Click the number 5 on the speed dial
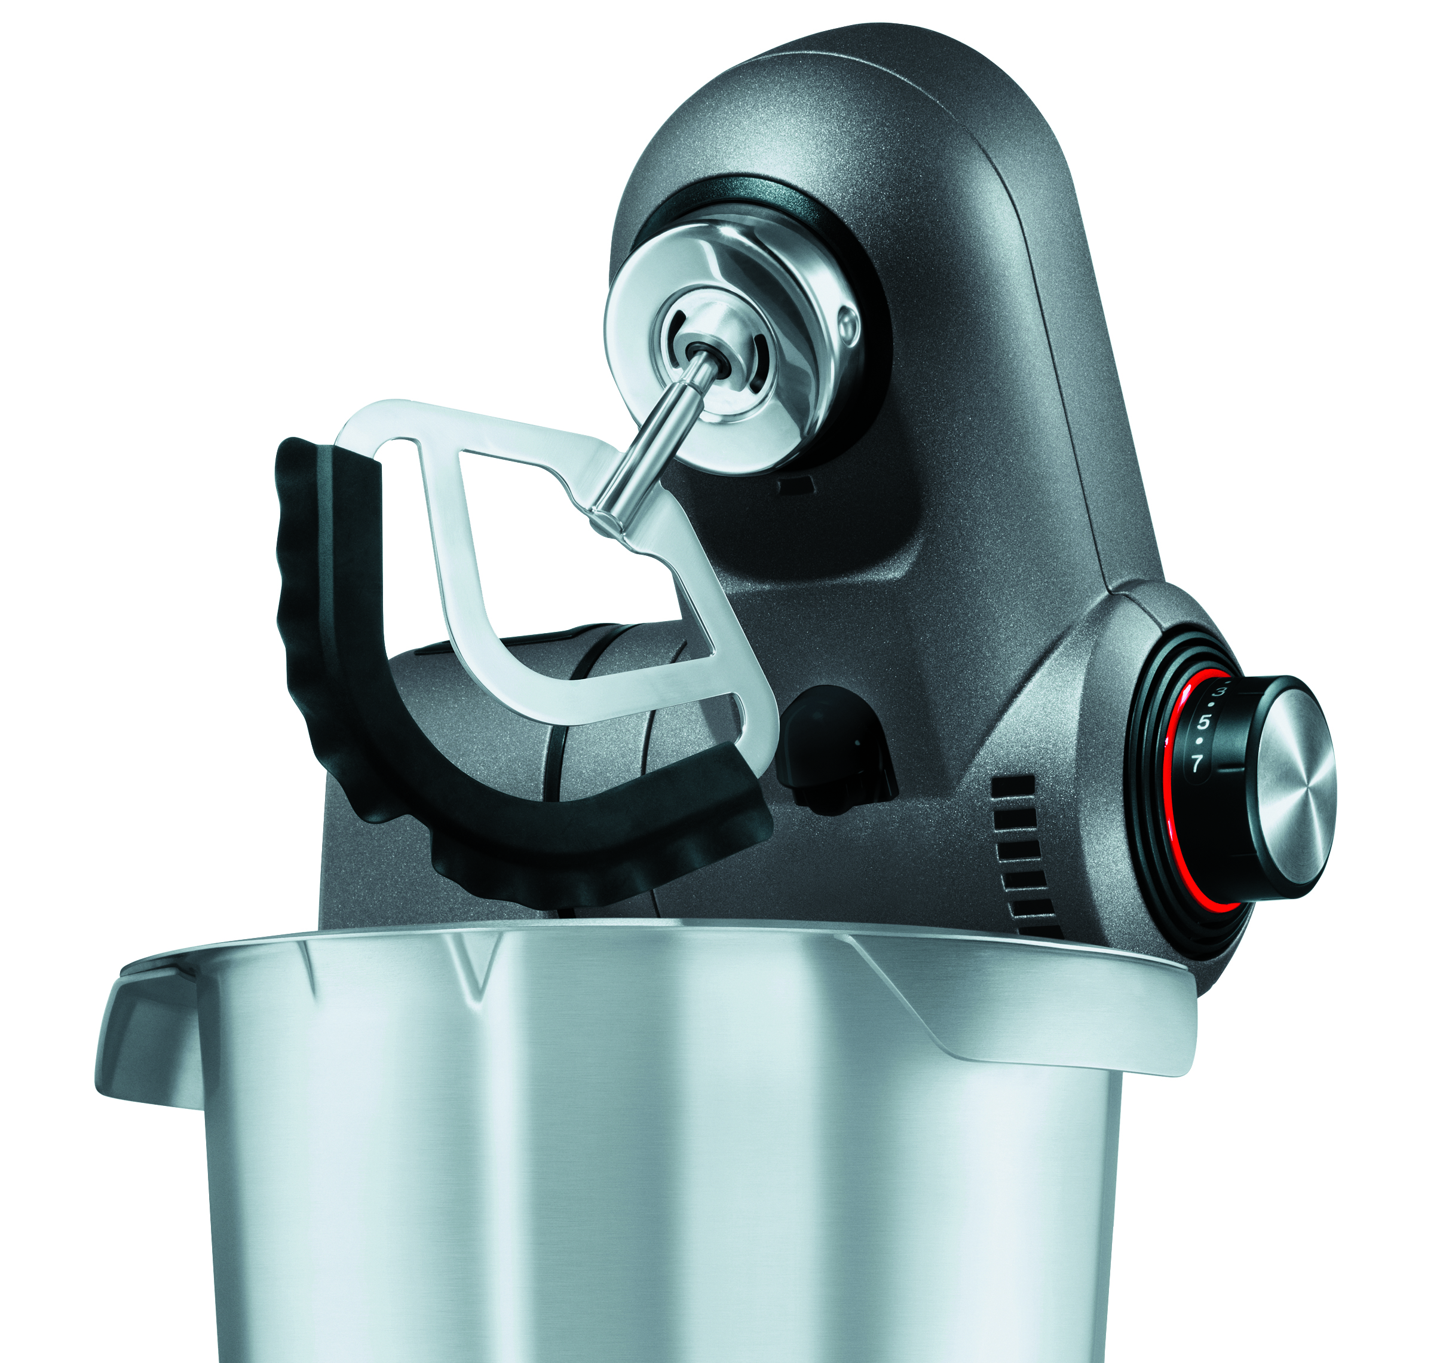(x=1204, y=722)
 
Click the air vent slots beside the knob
(x=1024, y=857)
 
